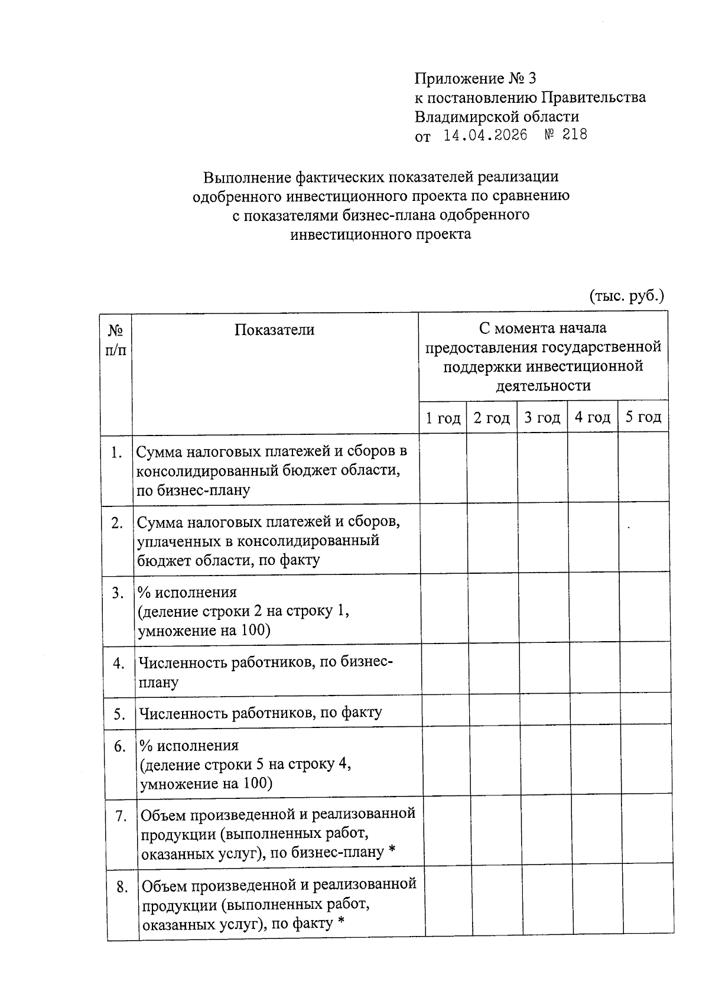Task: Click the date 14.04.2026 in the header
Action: coord(485,135)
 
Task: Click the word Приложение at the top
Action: coord(459,79)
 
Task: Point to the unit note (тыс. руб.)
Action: coord(627,295)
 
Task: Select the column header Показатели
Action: coord(274,330)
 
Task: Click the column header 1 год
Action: coord(443,418)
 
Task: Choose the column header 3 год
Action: coord(542,418)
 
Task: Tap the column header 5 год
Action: coord(643,417)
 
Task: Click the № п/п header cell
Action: coord(116,340)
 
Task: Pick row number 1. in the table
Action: coord(116,453)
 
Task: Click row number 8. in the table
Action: coord(122,887)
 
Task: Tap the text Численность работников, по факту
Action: coord(260,713)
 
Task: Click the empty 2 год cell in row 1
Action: coord(492,469)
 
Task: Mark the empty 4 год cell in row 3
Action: coord(594,609)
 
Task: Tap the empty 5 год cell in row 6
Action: coord(646,760)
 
